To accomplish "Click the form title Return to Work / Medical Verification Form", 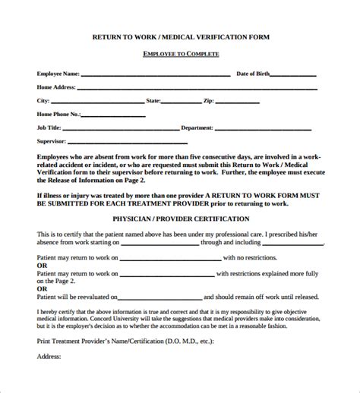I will point(180,36).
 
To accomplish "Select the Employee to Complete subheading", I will point(180,54).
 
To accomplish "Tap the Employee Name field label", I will point(58,74).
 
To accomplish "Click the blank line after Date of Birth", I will point(293,75).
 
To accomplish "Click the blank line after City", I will point(96,101).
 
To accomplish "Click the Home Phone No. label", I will point(58,113).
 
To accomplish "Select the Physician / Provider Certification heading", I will point(180,219).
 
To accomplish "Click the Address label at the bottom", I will point(50,376).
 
